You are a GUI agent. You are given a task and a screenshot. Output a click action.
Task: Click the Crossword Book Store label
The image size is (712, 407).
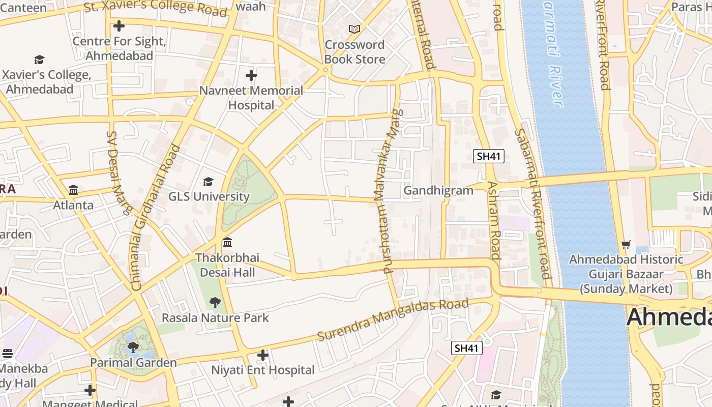tap(354, 52)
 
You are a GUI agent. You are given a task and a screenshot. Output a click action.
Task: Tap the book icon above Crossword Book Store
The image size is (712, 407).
tap(354, 30)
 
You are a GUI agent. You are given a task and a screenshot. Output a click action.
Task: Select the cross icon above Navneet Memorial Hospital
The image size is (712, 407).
tap(251, 76)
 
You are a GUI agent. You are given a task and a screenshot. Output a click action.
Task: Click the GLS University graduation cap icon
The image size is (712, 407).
tap(208, 182)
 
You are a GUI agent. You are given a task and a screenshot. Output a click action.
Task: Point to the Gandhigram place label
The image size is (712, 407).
tap(438, 190)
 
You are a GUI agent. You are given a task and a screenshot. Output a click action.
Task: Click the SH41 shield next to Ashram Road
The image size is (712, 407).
tap(488, 156)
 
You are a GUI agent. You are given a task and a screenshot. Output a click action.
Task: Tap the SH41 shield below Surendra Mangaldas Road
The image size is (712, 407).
tap(466, 348)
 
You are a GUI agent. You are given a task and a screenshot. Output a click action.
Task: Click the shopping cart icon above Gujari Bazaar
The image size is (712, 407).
tap(626, 245)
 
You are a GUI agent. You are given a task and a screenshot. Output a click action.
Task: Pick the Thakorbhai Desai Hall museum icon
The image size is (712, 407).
tap(227, 242)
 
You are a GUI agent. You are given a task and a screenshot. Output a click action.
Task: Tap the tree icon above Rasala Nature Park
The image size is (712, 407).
tap(215, 303)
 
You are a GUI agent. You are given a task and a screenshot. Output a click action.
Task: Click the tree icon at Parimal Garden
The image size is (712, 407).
tap(133, 347)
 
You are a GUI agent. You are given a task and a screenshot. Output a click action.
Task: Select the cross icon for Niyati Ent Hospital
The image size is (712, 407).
tap(263, 355)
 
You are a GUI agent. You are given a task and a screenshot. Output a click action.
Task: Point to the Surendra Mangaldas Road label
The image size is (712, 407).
tap(392, 320)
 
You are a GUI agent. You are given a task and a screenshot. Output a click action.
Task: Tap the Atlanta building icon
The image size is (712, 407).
tap(73, 190)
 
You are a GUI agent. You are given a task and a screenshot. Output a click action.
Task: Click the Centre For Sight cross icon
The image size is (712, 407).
tap(119, 26)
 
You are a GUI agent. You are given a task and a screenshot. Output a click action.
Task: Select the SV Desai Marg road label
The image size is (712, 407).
tap(119, 173)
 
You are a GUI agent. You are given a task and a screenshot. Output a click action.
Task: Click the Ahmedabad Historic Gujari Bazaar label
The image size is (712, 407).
tap(626, 274)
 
